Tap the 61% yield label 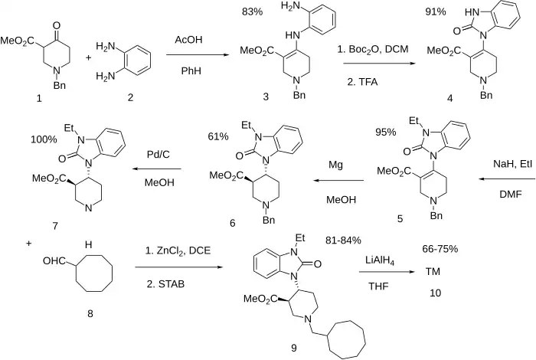point(218,136)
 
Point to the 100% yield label point(44,140)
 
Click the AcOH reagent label point(188,38)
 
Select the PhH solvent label point(188,71)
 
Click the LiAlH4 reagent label point(380,262)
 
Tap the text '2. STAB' point(165,283)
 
